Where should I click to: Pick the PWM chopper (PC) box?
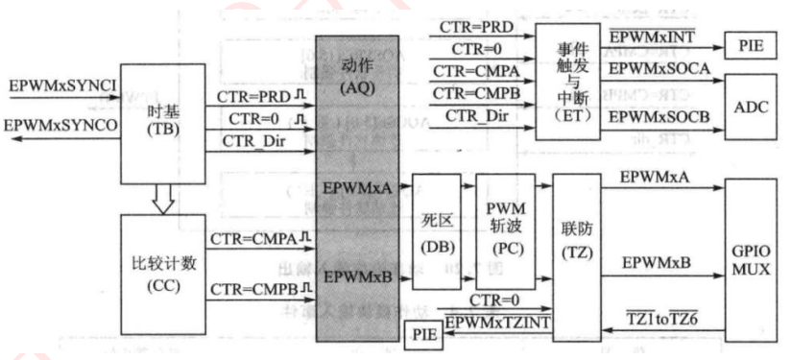pos(504,233)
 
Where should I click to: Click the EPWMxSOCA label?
pos(658,70)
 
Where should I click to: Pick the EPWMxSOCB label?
pos(658,116)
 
